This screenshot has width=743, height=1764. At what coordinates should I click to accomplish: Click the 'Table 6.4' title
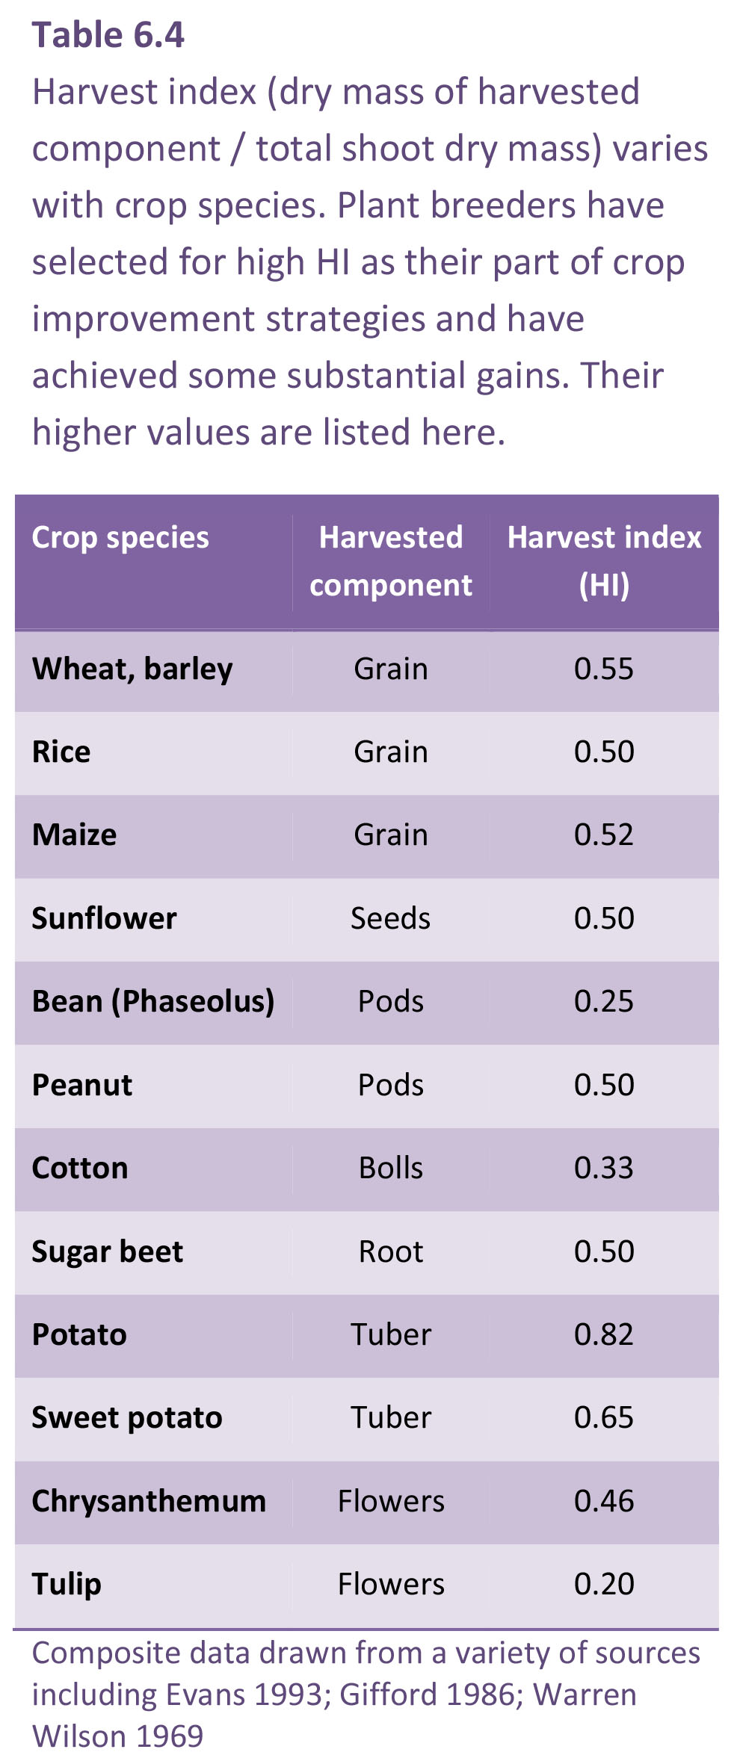[108, 35]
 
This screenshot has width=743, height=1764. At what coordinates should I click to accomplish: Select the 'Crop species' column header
[120, 538]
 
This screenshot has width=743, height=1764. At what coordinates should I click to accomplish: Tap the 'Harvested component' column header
[391, 561]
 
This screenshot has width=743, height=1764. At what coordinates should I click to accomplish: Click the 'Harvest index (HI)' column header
[604, 561]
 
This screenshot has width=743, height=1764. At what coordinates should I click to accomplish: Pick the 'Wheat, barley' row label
[132, 669]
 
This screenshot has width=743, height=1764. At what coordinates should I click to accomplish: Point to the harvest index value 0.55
[604, 669]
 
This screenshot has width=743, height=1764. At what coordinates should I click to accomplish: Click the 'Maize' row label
[75, 835]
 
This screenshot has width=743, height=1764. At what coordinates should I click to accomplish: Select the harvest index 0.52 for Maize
[604, 835]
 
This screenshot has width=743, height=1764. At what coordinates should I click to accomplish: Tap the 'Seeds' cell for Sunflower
[391, 918]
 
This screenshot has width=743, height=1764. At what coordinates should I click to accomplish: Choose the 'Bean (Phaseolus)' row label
[153, 1002]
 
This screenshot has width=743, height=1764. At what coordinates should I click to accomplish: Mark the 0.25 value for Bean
[604, 1002]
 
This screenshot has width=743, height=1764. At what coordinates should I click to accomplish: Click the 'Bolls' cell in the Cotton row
[391, 1169]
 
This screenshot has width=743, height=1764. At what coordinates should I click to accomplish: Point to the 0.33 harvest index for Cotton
[604, 1169]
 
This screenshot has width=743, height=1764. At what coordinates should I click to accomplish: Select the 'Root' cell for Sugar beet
[391, 1251]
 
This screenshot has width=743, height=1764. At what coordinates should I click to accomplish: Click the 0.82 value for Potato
[604, 1335]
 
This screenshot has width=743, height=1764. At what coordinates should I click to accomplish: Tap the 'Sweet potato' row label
[127, 1418]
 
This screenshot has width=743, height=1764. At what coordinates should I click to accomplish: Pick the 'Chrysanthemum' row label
[149, 1502]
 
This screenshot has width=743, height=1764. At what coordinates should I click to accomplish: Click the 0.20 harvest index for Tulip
[604, 1585]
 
